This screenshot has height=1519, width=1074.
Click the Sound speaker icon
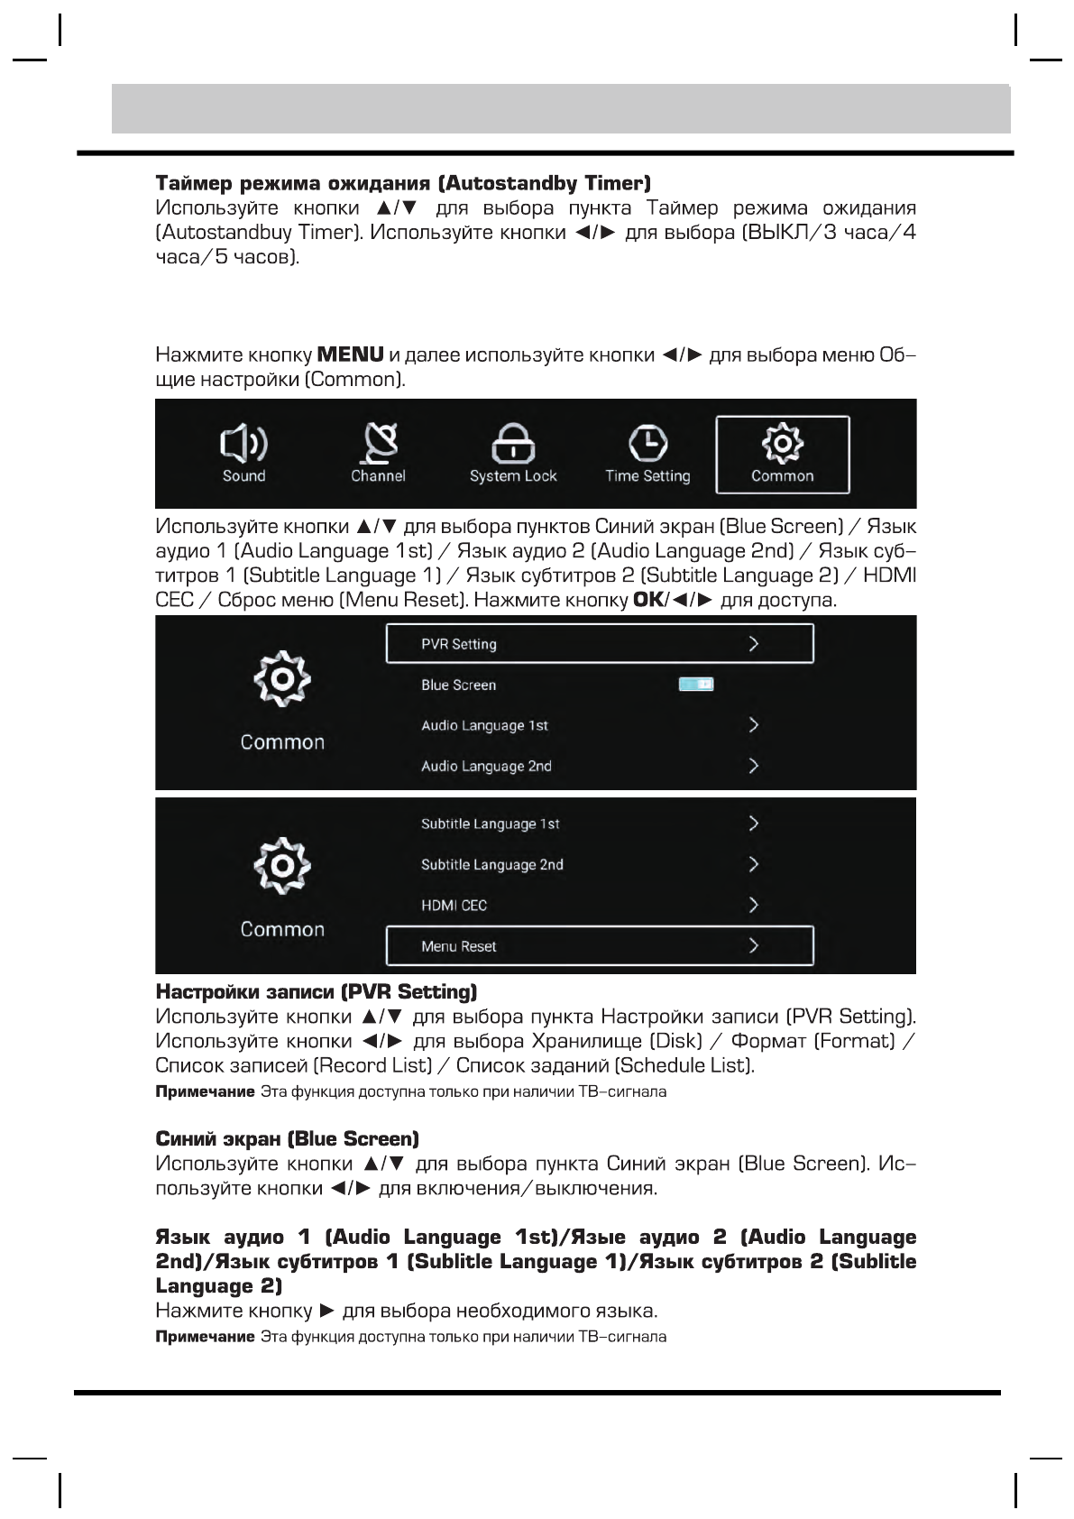pos(243,442)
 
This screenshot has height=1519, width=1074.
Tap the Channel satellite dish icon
pos(379,442)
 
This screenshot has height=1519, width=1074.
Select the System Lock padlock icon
pos(513,443)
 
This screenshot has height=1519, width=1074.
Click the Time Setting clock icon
pos(647,442)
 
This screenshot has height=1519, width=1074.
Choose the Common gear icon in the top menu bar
pos(782,442)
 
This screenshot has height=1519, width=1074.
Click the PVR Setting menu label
pos(459,644)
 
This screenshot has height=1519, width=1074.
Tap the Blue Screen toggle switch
pos(696,685)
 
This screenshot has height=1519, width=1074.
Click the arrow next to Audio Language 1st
pos(754,725)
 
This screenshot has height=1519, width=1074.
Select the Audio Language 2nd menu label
pos(486,766)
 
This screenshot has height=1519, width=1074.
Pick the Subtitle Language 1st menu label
pos(490,824)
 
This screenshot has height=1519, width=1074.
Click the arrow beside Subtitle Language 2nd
pos(754,864)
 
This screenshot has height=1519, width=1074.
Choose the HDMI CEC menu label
pos(454,905)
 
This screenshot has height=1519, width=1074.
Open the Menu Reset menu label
pos(458,946)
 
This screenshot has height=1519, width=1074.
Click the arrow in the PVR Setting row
pos(754,644)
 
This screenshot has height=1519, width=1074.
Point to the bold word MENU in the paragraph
pos(351,354)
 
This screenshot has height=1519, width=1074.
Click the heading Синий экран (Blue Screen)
pos(287,1138)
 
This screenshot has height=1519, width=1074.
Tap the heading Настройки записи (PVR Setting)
pos(316,991)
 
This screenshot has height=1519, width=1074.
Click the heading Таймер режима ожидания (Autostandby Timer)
pos(402,183)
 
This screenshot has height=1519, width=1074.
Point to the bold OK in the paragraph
pos(647,600)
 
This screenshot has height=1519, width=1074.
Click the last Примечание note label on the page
pos(205,1336)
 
